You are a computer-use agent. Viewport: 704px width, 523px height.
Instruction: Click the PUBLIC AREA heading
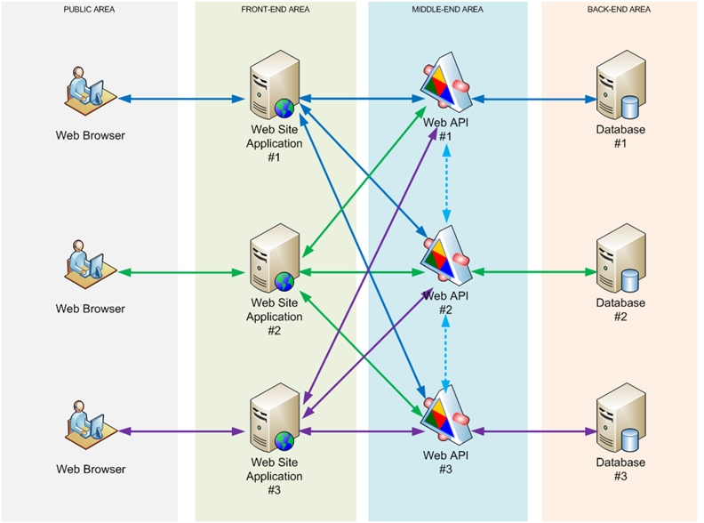pyautogui.click(x=89, y=9)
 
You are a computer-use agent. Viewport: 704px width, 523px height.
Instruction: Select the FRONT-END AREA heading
pyautogui.click(x=275, y=9)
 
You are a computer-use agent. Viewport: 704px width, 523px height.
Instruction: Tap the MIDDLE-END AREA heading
pyautogui.click(x=447, y=9)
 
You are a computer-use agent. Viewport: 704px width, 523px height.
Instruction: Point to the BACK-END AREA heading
pyautogui.click(x=620, y=9)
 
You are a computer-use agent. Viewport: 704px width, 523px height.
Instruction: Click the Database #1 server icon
pyautogui.click(x=620, y=86)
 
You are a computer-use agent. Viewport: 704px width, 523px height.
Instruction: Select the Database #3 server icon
pyautogui.click(x=620, y=419)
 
